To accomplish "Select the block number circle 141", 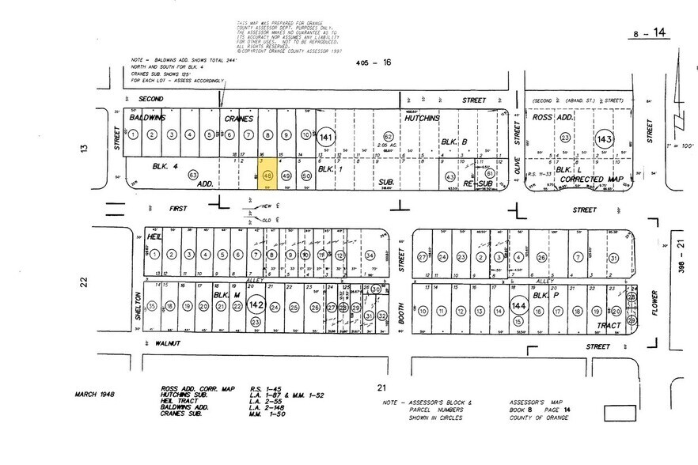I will [x=327, y=138].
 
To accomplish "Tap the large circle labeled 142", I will [x=256, y=304].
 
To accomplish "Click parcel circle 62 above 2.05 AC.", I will [x=389, y=136].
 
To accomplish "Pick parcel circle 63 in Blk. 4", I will [x=193, y=175].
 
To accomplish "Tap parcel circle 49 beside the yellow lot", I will [x=286, y=176].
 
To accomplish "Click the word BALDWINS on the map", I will [x=148, y=117].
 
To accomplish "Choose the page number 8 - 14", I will [x=647, y=35].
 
